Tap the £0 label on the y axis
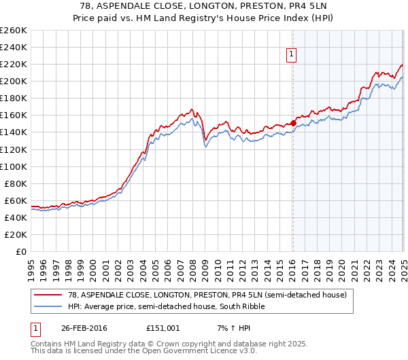(x=21, y=251)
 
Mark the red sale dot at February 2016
(x=293, y=123)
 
